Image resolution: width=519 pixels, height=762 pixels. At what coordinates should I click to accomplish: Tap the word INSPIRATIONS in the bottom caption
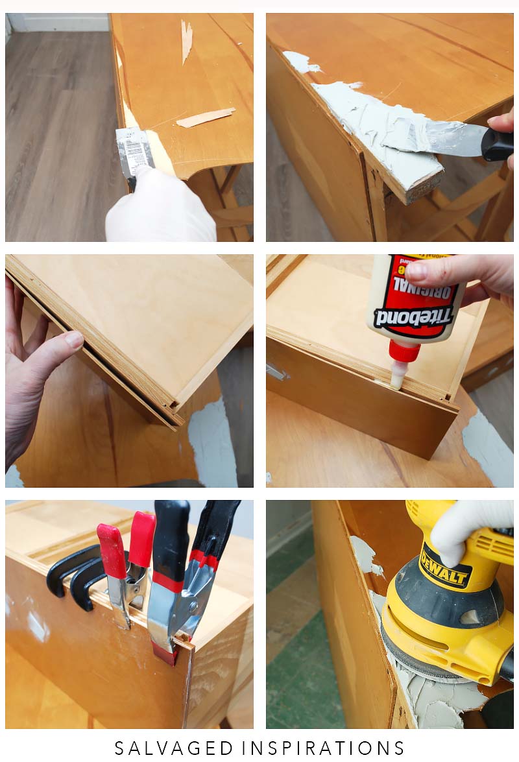tap(324, 748)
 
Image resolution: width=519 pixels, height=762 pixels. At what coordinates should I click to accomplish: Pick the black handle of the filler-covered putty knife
tap(497, 145)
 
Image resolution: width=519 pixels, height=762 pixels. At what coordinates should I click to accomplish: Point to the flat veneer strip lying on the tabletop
tap(205, 117)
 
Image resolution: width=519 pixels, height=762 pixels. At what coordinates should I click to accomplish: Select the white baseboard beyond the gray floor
tap(58, 22)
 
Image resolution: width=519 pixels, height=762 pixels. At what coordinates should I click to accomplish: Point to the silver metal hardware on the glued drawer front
tap(276, 372)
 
